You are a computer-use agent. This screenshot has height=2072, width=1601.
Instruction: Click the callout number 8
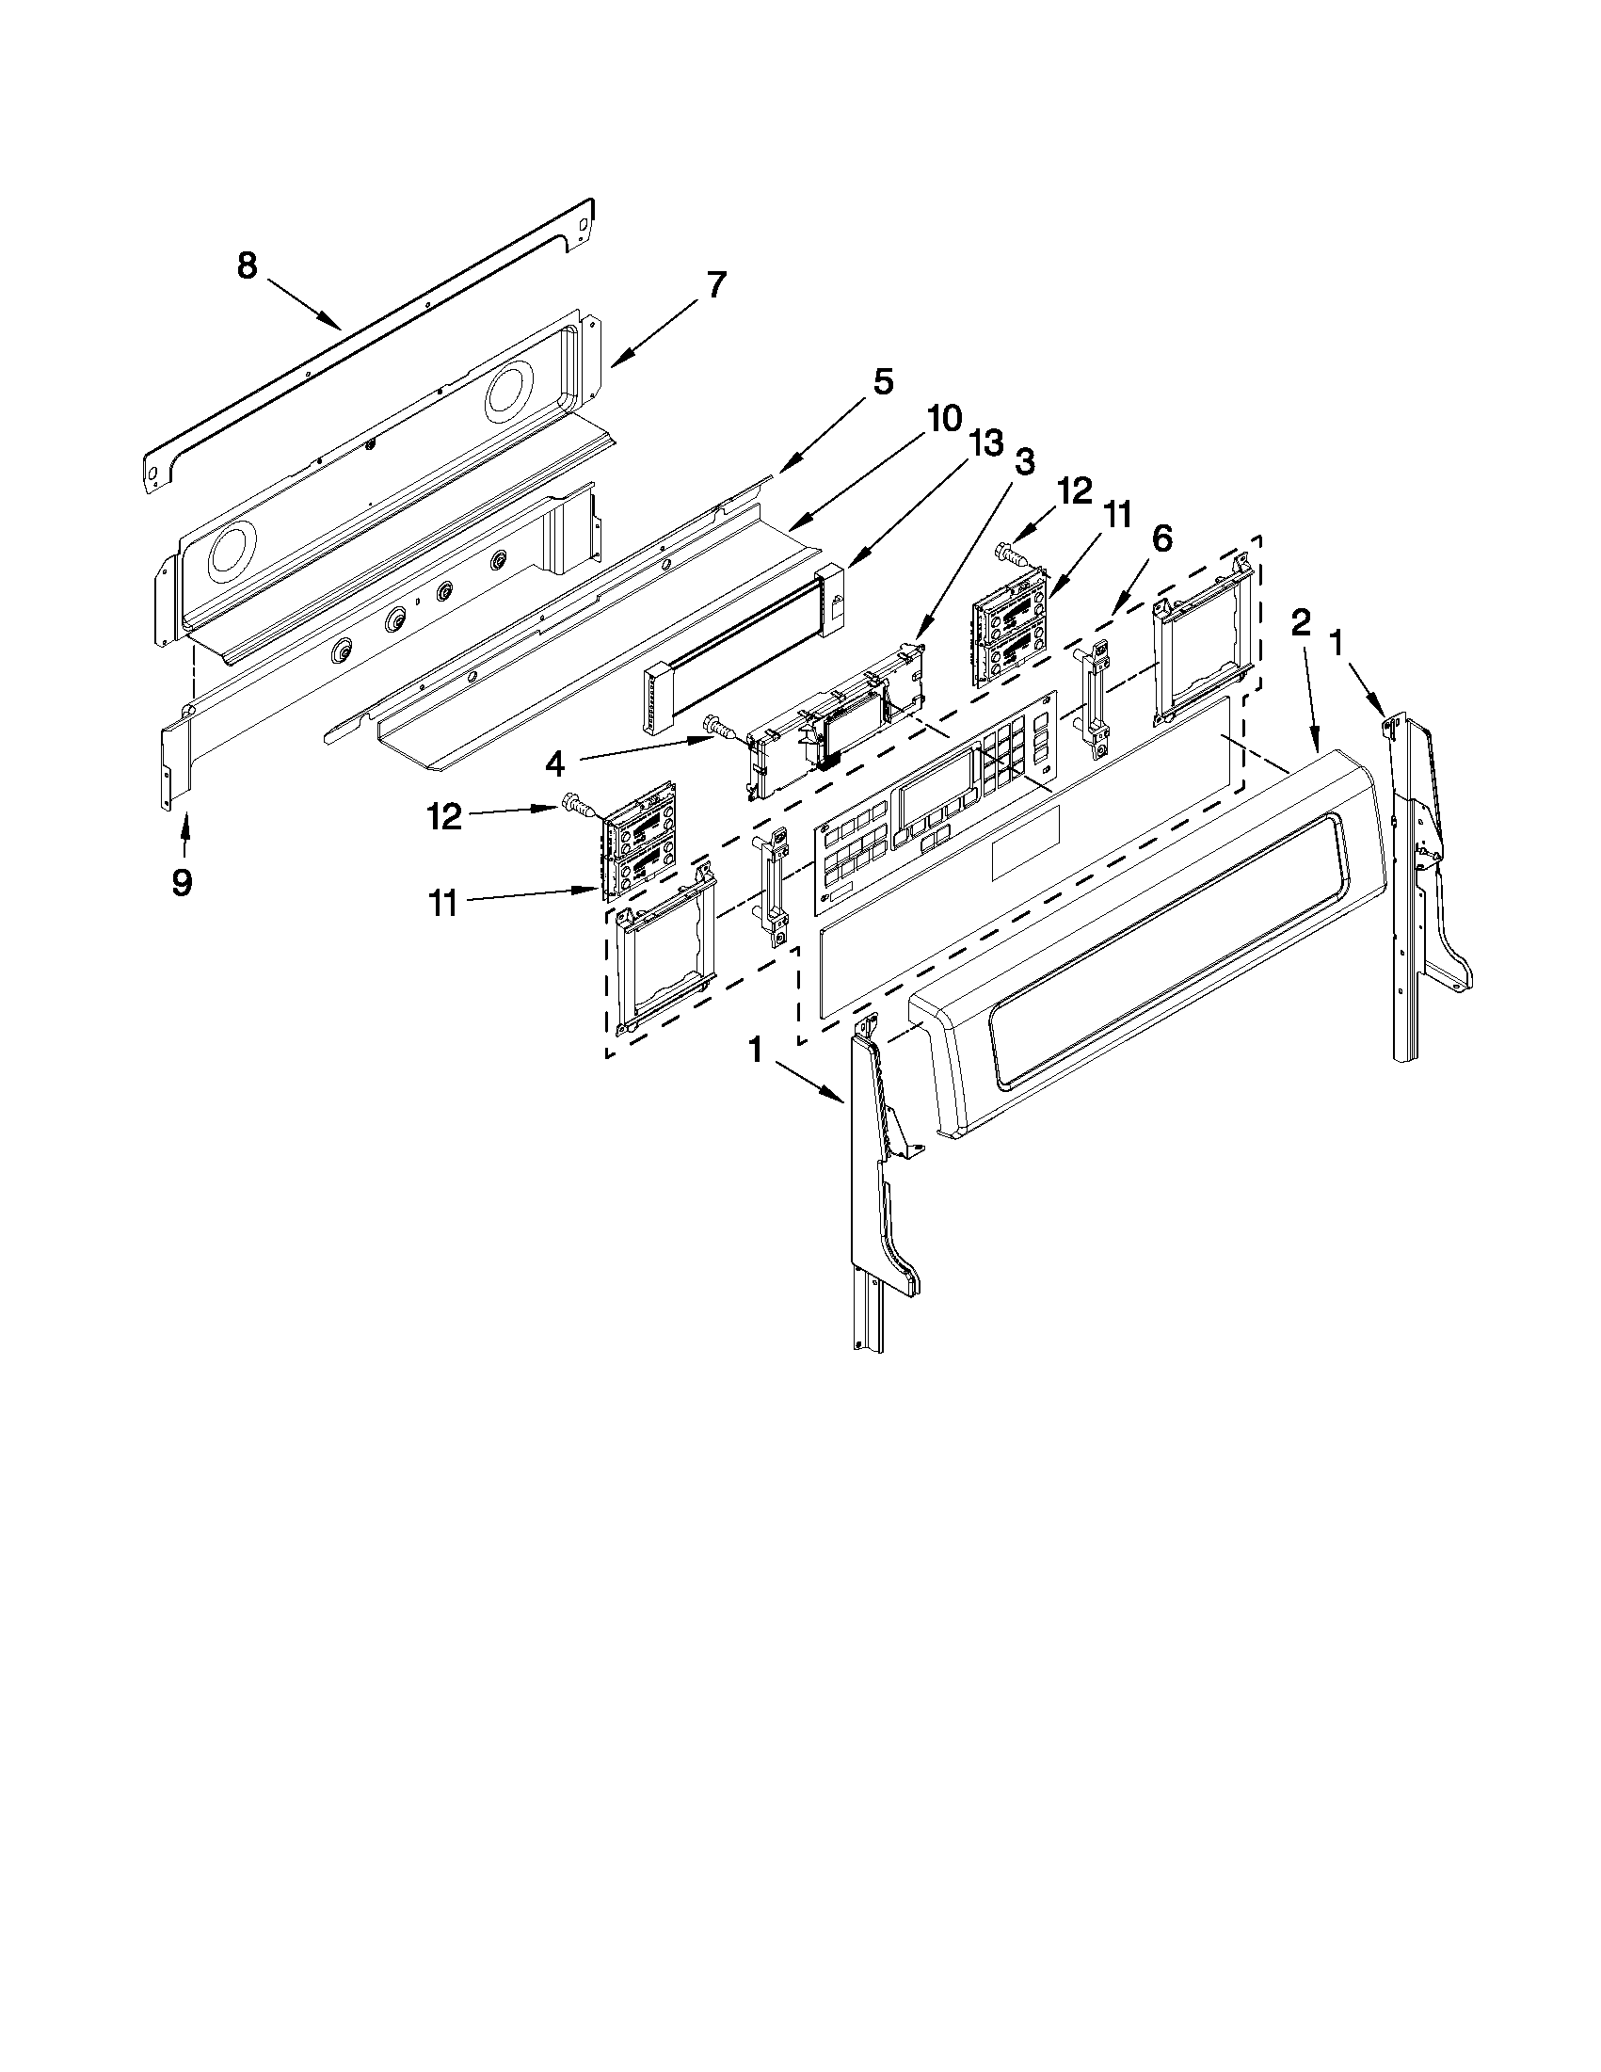247,266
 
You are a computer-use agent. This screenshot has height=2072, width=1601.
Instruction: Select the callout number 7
715,284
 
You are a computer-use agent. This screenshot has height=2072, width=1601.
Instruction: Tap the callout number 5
882,383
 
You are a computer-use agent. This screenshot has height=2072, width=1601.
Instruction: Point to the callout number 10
944,418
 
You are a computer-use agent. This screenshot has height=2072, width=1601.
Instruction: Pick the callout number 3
1024,463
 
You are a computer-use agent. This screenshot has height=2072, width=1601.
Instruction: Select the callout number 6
1161,538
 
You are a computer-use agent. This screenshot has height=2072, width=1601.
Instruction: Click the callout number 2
1301,622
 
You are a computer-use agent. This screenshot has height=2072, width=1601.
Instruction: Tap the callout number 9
182,882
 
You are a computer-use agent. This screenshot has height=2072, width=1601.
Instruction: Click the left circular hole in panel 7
233,550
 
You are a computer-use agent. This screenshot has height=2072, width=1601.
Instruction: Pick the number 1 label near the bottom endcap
756,1050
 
